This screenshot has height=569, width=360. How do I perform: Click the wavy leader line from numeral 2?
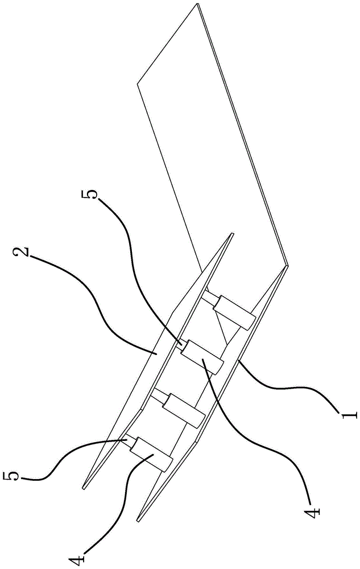click(x=97, y=302)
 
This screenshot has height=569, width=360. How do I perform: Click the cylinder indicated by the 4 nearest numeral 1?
click(x=202, y=357)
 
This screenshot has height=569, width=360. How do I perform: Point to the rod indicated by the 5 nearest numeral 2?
click(x=179, y=343)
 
